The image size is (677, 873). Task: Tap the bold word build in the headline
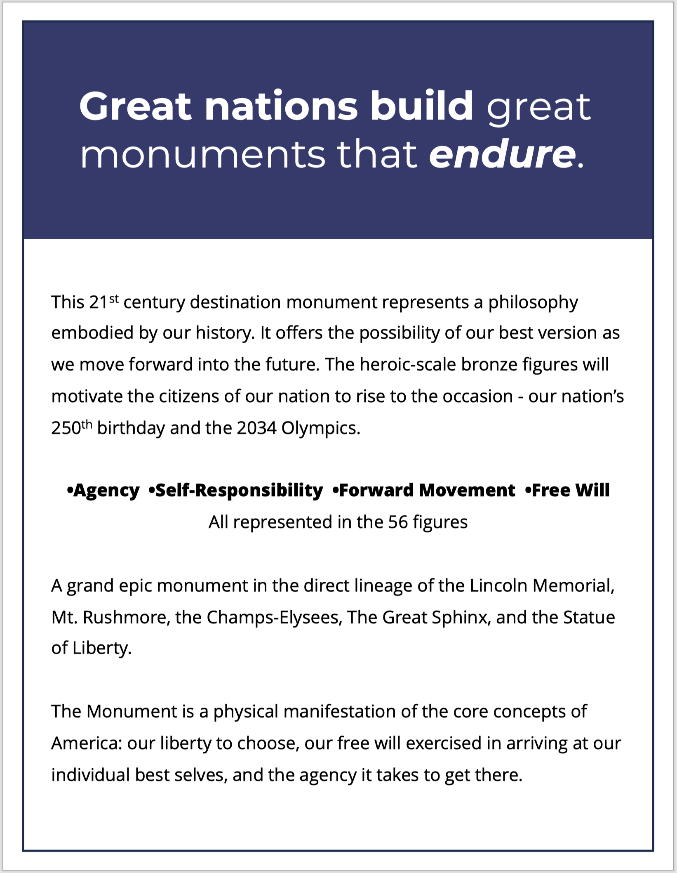422,106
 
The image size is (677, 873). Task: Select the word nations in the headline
281,107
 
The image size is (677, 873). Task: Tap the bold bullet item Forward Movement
427,491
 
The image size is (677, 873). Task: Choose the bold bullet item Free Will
570,491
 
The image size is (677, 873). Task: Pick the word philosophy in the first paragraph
533,303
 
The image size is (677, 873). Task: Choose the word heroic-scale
407,365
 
